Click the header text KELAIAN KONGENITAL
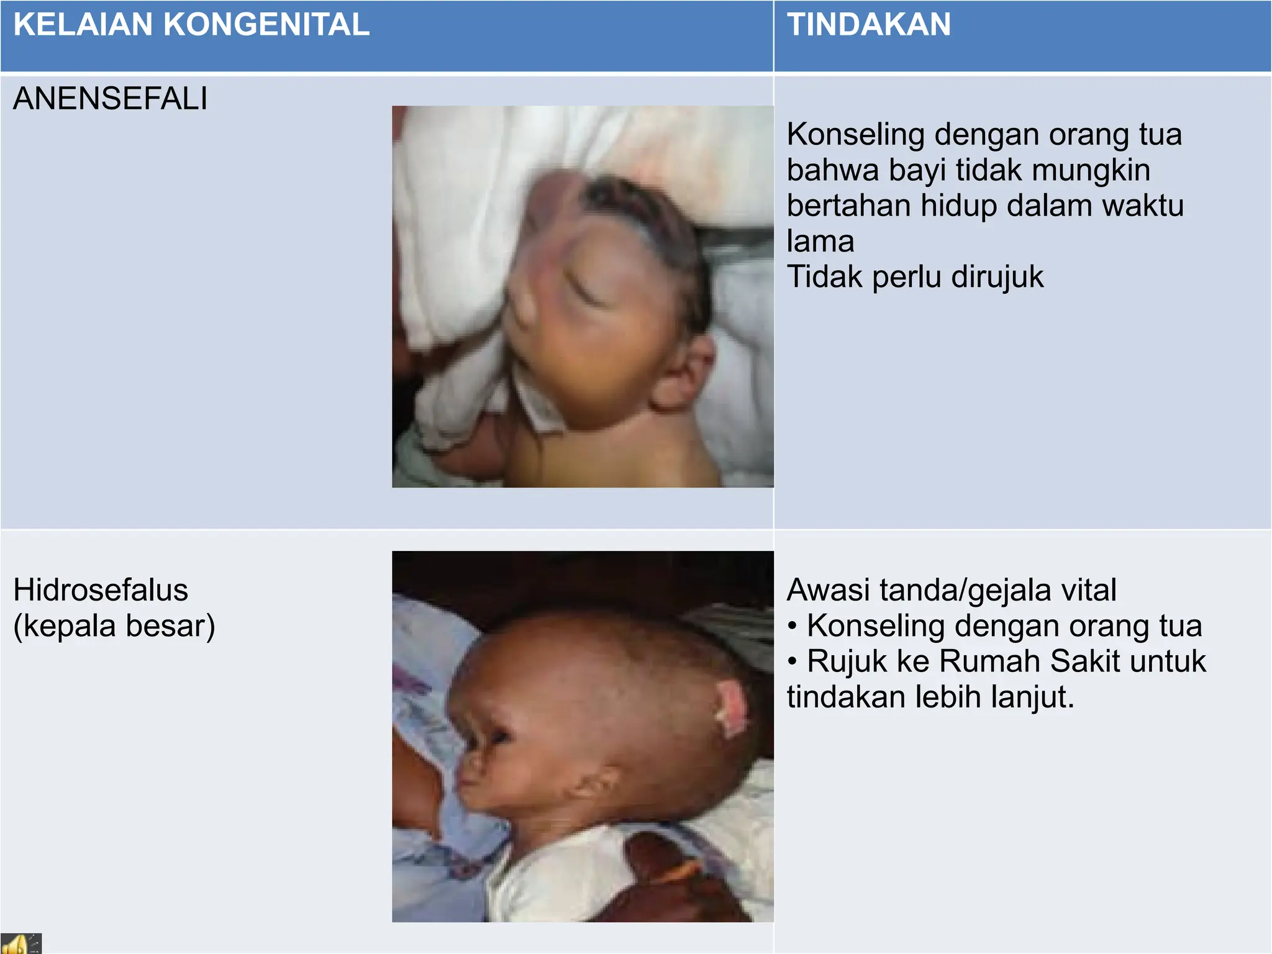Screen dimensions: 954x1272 191,25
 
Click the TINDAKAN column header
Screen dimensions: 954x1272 869,25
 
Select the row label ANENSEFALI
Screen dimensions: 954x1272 111,99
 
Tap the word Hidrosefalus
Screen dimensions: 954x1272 101,590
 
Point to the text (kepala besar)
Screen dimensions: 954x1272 114,626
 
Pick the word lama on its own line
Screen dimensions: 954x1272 820,241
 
